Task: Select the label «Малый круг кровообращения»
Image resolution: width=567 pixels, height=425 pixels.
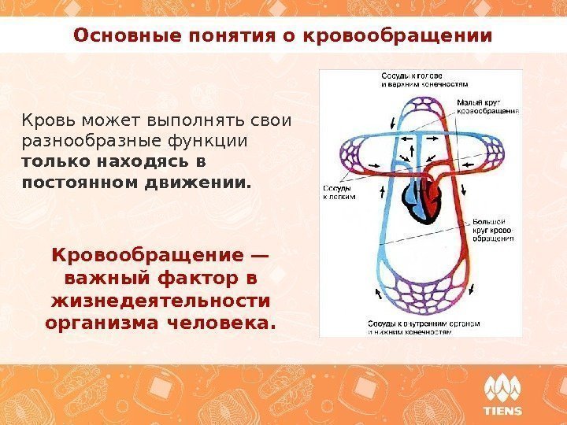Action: [x=487, y=107]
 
